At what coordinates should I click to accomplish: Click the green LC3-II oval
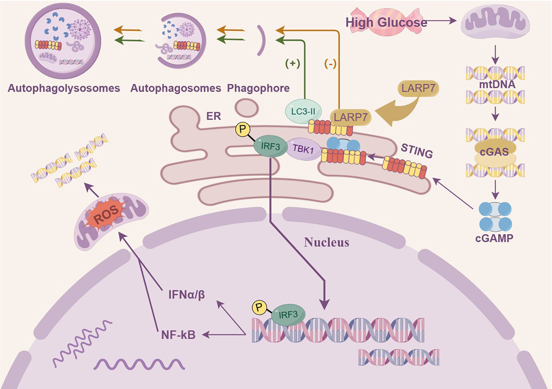point(303,111)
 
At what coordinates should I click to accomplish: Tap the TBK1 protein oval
point(303,149)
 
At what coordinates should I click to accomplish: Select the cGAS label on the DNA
point(494,152)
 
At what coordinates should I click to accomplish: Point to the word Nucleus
point(326,242)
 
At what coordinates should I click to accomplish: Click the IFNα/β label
point(187,295)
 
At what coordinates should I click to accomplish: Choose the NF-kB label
point(178,335)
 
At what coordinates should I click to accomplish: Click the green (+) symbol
point(292,63)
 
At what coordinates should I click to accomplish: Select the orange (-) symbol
point(330,63)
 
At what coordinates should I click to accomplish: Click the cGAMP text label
point(494,238)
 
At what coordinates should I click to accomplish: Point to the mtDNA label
point(497,84)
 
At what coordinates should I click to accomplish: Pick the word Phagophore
point(258,88)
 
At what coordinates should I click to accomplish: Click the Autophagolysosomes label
point(64,88)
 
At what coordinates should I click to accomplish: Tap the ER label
point(214,116)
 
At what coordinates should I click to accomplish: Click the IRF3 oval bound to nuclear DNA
point(288,315)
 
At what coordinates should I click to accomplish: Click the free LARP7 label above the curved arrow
point(418,88)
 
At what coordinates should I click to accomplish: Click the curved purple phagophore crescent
point(262,40)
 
